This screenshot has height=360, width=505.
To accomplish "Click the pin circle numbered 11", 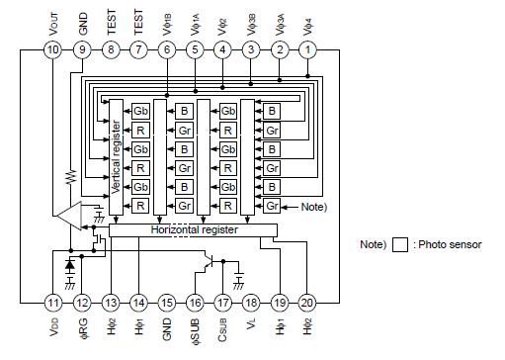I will click(52, 302).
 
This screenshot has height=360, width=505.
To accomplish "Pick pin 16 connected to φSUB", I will click(196, 302).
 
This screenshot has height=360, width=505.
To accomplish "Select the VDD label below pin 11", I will click(52, 331).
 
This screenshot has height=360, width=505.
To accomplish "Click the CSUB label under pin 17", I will click(224, 331).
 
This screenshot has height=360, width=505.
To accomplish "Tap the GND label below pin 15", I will click(167, 331).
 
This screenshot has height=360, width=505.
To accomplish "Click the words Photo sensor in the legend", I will click(449, 243).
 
